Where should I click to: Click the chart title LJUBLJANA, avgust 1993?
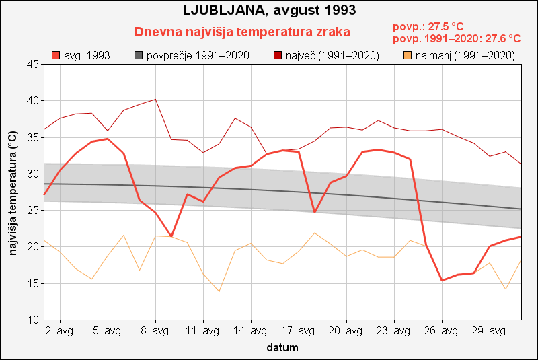coord(269,11)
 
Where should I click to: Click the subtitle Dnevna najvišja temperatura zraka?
coord(242,32)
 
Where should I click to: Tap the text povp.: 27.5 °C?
coord(428,27)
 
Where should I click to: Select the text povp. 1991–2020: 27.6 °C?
coord(457,39)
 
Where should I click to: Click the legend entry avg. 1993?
coord(81,55)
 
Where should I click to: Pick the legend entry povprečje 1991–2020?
coord(192,55)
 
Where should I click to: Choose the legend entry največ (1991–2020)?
coord(326,55)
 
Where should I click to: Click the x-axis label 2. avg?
coord(60,331)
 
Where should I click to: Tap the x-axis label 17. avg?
coord(299,331)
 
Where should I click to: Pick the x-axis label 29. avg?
coord(490,331)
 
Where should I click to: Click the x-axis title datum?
coord(282,348)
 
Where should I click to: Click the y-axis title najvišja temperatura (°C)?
coord(12,192)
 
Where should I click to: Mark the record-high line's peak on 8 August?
coord(155,99)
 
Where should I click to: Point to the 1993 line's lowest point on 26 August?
coord(442,280)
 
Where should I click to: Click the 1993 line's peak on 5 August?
coord(108,139)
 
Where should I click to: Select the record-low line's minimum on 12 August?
coord(219,291)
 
